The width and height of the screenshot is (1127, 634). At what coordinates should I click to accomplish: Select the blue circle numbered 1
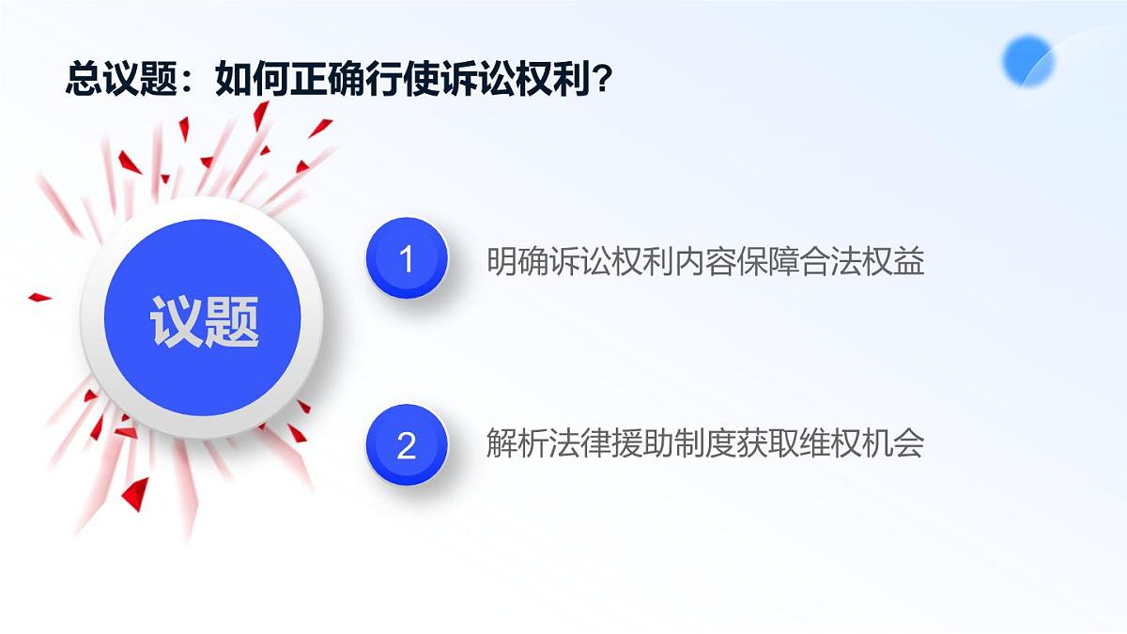(406, 258)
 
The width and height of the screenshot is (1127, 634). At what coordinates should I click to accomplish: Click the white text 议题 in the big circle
(204, 322)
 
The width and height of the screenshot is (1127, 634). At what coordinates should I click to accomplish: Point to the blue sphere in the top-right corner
(1027, 61)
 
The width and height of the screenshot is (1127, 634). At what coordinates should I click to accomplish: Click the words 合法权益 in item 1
(864, 261)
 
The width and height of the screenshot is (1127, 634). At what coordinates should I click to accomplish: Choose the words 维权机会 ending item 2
(864, 443)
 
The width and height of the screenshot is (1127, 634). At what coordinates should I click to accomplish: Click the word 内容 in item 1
(706, 261)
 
